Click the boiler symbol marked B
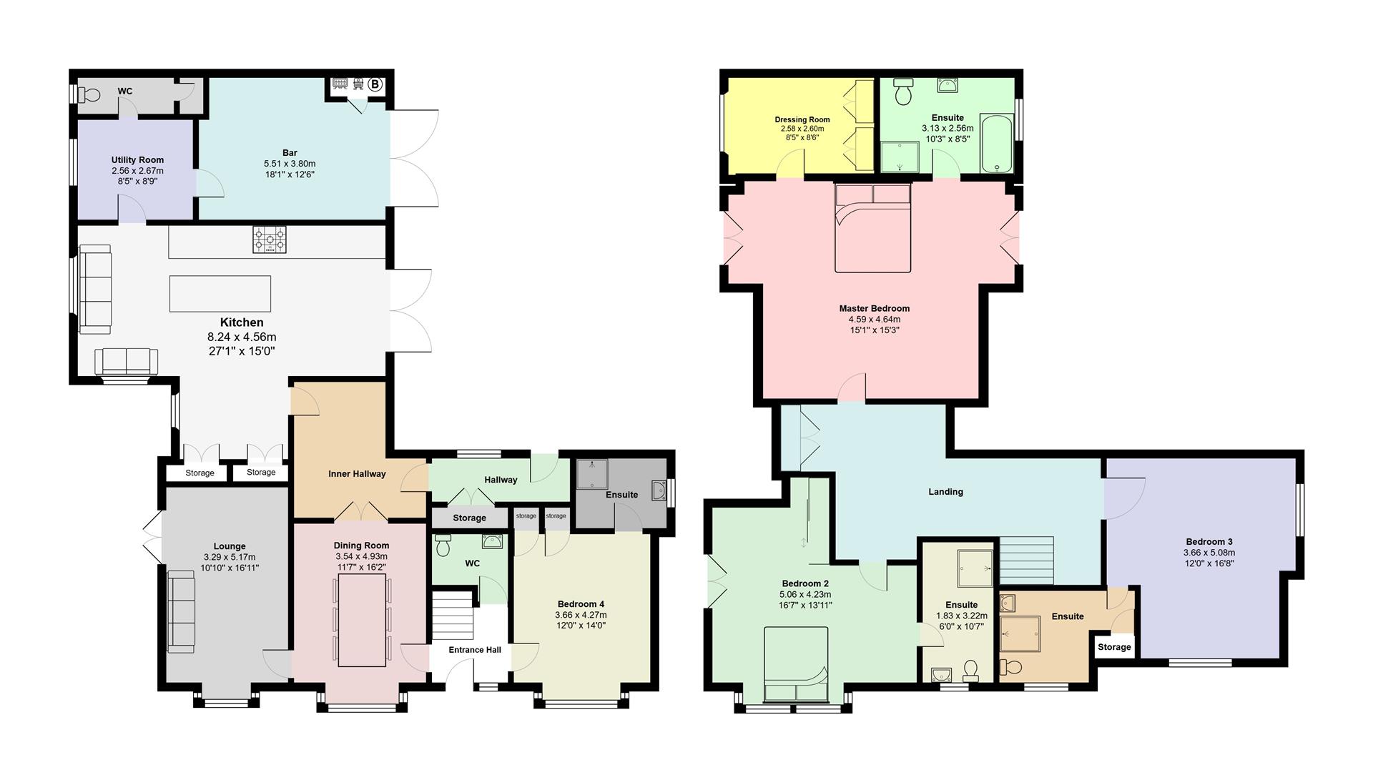375,84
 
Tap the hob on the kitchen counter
270,240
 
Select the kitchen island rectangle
220,293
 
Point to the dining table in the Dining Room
362,621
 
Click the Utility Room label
137,160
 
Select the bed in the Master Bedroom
873,227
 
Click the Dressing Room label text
802,119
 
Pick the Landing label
945,492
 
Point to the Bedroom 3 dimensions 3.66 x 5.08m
1209,553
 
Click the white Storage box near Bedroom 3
1114,647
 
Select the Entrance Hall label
475,650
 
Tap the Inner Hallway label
357,474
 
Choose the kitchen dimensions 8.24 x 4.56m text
242,337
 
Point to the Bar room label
290,153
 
